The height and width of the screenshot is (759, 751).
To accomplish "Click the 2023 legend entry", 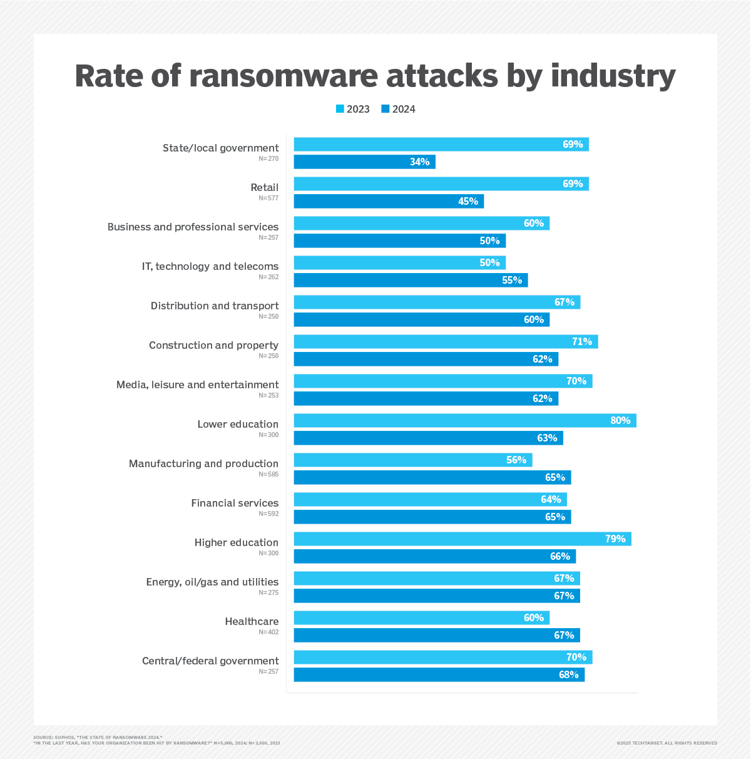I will click(353, 109).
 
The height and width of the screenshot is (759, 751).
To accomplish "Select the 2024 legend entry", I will click(398, 109).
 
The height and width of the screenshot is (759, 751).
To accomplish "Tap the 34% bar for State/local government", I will click(364, 162).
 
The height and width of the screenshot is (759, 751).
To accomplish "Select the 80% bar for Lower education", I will click(464, 421).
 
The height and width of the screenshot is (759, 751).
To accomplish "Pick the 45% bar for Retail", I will click(389, 202).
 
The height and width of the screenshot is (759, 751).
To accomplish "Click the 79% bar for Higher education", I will click(462, 539).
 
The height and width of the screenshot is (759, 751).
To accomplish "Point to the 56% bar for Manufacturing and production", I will click(412, 460).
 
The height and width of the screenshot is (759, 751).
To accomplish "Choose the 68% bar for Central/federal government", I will click(439, 675).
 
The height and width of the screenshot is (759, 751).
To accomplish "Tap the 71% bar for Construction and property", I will click(446, 342).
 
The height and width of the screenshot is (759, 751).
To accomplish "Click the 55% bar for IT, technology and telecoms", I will click(411, 281).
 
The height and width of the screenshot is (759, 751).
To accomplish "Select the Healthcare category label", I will click(252, 621).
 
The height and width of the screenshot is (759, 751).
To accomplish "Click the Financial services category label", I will click(235, 503).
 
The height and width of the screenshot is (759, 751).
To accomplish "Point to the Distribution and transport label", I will click(215, 306).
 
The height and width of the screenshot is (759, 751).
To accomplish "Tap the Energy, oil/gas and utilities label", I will click(212, 582).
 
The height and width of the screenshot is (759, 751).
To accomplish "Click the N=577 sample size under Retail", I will click(268, 199).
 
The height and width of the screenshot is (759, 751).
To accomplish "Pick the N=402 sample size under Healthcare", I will click(268, 632).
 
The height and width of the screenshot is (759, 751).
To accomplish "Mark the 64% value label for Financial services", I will click(551, 500).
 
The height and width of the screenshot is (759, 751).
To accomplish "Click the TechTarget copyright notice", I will click(667, 743).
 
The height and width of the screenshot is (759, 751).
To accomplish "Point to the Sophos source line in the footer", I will click(98, 737).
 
